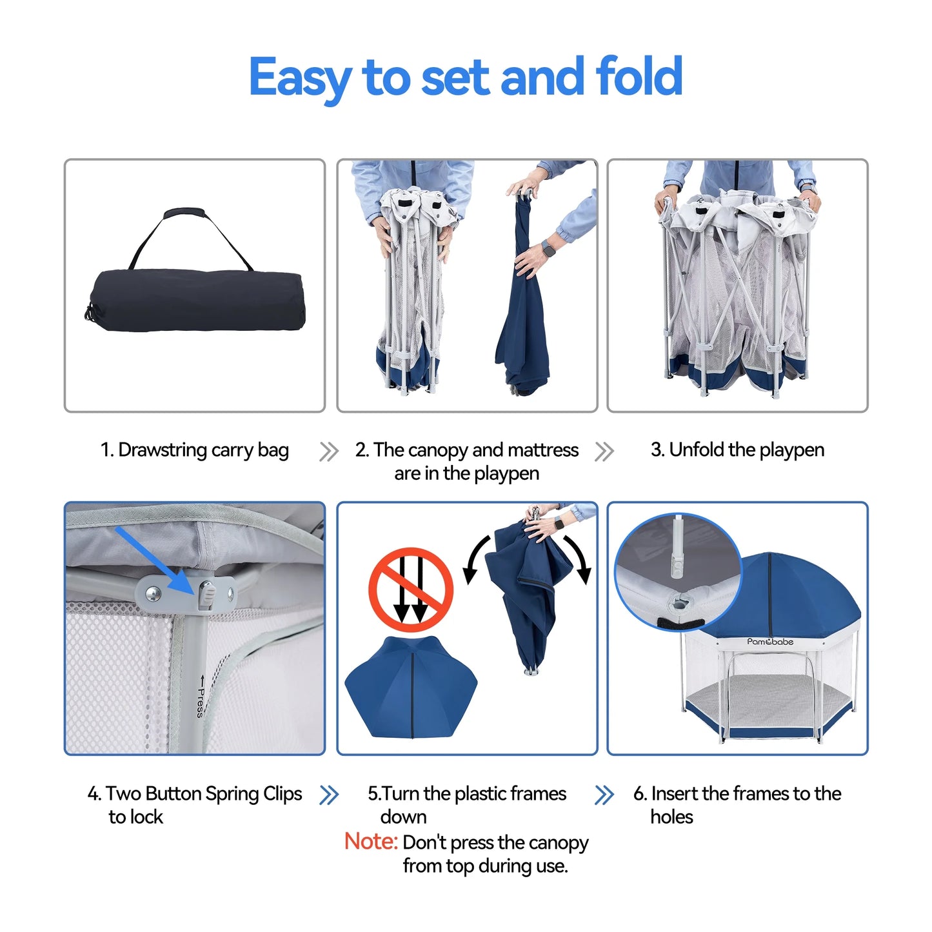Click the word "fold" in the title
click(x=639, y=76)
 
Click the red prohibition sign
click(x=411, y=589)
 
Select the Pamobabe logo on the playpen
click(x=771, y=641)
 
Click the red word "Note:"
click(x=371, y=842)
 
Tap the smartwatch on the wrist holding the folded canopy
click(x=548, y=250)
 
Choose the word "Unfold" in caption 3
click(x=697, y=450)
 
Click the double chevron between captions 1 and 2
click(x=329, y=451)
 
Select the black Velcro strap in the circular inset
click(x=683, y=624)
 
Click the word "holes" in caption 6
click(x=671, y=817)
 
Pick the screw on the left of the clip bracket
click(x=153, y=593)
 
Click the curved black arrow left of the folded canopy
click(x=476, y=560)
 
